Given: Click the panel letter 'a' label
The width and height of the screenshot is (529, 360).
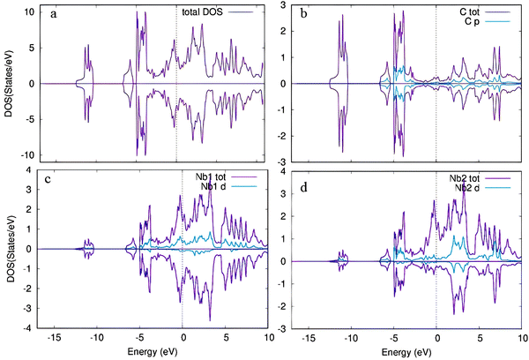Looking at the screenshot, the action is click(54, 14).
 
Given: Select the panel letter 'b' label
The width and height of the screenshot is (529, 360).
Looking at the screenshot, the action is click(303, 13).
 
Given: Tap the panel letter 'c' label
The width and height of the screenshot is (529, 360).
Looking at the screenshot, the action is click(48, 179).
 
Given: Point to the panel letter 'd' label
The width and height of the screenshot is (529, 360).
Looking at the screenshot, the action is click(304, 186).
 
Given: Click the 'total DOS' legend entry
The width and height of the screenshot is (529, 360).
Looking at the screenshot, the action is click(218, 12).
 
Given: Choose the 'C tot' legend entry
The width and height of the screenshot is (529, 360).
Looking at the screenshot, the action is click(485, 12).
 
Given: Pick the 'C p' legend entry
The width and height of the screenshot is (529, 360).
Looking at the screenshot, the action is click(488, 21).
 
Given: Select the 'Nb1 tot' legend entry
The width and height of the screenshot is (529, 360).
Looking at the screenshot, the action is click(226, 177).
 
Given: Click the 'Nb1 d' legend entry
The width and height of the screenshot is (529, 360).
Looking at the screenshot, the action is click(228, 186).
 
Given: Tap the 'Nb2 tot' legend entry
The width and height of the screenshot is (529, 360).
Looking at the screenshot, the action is click(480, 178).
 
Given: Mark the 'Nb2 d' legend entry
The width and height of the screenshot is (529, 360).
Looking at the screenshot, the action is click(482, 188).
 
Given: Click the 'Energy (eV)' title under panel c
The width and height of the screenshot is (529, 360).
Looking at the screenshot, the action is click(153, 352).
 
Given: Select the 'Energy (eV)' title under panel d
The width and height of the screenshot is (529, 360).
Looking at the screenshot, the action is click(406, 353).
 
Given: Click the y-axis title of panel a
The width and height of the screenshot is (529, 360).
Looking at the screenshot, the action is click(9, 84).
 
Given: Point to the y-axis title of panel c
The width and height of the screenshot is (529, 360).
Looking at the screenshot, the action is click(11, 248).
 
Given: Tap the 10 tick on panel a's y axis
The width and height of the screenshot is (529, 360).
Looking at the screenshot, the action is click(29, 12).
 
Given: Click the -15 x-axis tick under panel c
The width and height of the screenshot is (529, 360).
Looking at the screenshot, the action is click(54, 337).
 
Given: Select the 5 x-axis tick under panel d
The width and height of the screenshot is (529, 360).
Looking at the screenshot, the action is click(480, 338).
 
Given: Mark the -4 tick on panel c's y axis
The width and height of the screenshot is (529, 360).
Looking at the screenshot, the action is click(27, 328).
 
